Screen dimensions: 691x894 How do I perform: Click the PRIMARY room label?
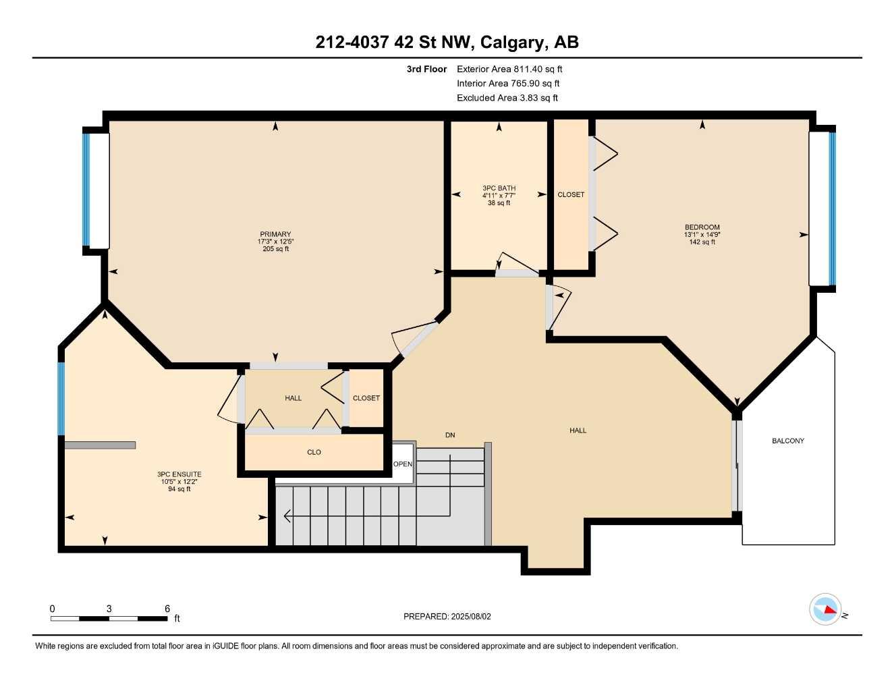coord(275,234)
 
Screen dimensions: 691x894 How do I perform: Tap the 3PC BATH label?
coord(499,188)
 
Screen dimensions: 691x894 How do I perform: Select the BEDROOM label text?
coord(702,227)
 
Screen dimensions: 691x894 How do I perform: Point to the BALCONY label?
coord(787,441)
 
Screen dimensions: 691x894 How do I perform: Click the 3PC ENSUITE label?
coord(179,474)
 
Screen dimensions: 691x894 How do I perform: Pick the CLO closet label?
coord(314,452)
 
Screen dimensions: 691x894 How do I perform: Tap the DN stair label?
coord(450,435)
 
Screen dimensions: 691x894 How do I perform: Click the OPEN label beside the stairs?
coord(403,464)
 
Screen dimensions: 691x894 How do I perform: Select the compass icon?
coord(825,609)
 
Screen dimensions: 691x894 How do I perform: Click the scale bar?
coord(109,617)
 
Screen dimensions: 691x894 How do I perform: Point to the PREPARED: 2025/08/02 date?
coord(447,616)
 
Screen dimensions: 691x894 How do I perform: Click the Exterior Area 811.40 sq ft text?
coord(509,69)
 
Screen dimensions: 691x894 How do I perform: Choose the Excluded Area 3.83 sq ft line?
coord(507,98)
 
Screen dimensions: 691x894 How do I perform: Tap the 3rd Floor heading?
coord(426,69)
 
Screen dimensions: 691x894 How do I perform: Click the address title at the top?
coord(447,43)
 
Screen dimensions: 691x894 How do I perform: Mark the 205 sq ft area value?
coord(275,249)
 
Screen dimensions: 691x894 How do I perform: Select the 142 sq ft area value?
coord(702,242)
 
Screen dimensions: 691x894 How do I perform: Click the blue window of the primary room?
coord(86,190)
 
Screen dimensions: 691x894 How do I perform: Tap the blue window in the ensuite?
coord(61,399)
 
